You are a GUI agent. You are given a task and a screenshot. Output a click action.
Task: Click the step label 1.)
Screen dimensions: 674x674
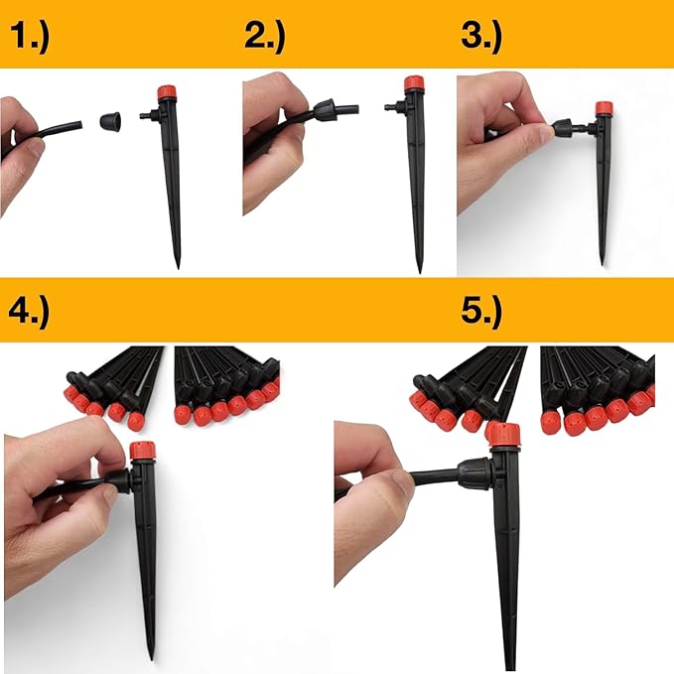32,37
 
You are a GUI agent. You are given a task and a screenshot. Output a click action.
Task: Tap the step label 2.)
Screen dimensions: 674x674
264,37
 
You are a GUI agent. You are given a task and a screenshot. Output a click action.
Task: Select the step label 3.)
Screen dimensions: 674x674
482,37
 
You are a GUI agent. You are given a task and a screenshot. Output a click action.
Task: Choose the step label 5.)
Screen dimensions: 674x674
482,309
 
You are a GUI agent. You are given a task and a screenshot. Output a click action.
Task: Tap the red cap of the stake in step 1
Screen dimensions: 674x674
168,94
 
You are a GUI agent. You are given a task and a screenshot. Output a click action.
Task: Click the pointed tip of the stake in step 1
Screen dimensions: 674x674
177,263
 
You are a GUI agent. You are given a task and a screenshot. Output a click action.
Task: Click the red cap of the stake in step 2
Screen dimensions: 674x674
413,85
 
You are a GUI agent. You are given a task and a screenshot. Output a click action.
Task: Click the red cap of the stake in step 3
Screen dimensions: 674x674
604,108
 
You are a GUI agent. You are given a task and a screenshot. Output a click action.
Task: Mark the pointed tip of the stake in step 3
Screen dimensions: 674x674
603,260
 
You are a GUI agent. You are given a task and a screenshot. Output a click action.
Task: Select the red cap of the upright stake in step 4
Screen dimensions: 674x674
142,451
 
